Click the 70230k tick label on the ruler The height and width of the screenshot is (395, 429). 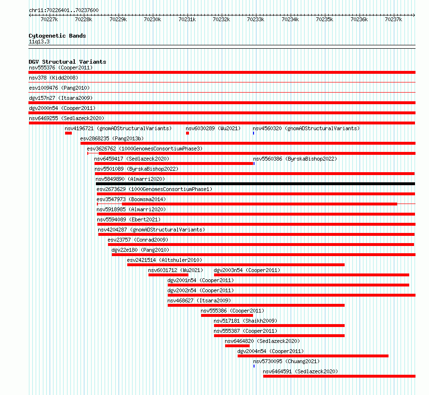152,19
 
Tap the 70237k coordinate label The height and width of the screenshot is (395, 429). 393,19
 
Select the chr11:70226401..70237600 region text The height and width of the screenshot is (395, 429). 64,10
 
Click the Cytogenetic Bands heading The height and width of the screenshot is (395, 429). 57,36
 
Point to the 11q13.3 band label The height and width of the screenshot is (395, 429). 39,41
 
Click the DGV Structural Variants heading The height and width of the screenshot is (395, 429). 67,62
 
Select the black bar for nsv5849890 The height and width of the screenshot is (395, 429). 255,184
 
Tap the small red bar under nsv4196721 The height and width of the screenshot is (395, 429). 68,133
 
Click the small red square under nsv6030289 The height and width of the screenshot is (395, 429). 188,133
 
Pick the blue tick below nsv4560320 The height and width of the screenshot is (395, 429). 254,133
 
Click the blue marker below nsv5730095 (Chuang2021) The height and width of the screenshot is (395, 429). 254,366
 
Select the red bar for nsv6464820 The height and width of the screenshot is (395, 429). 237,346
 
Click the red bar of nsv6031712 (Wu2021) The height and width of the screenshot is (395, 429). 169,275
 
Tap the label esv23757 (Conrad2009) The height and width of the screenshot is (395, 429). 138,240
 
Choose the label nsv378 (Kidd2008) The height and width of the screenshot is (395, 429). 54,78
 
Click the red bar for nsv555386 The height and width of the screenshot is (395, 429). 227,315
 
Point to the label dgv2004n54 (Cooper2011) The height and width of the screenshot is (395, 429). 270,351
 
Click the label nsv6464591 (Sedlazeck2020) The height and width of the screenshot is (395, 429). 300,371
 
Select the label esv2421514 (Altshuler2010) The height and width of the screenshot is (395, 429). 164,260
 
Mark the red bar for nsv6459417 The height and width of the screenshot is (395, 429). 174,163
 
